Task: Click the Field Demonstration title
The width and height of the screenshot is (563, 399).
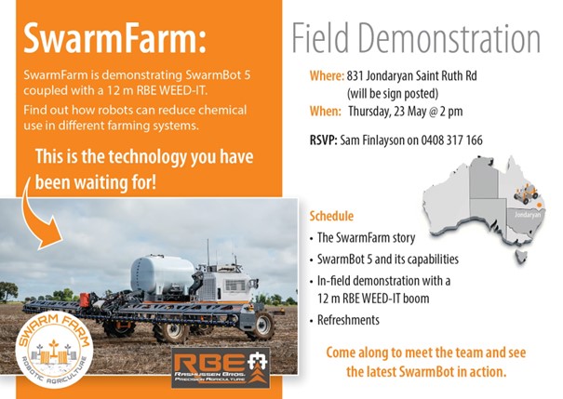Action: pyautogui.click(x=415, y=38)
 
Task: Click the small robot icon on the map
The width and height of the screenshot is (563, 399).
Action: pyautogui.click(x=527, y=196)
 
